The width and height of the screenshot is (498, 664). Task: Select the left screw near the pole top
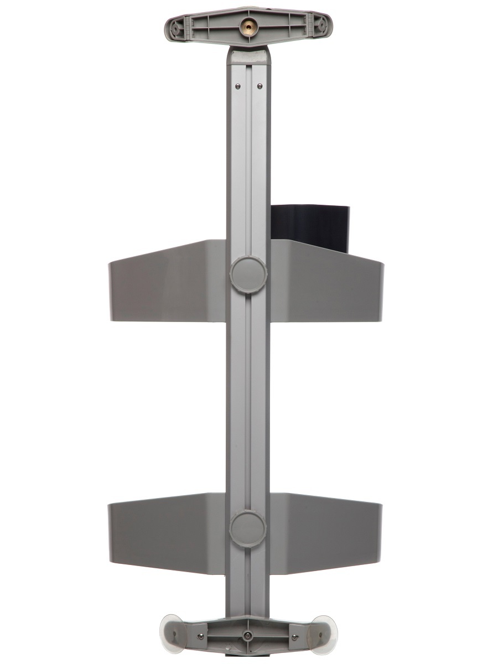click(x=237, y=85)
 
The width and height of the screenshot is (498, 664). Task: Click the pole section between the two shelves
click(x=247, y=398)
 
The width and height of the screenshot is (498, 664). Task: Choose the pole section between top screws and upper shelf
click(x=247, y=166)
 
